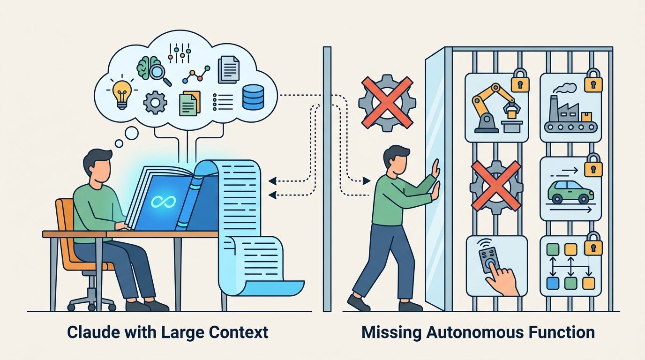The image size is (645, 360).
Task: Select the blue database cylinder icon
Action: click(x=253, y=97)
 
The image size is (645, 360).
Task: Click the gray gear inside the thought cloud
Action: click(x=155, y=102)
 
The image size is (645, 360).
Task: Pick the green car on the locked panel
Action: click(x=570, y=192)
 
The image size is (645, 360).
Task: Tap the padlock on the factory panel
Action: click(x=593, y=80)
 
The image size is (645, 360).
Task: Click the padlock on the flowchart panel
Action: click(x=593, y=244)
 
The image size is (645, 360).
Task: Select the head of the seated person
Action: click(x=97, y=165)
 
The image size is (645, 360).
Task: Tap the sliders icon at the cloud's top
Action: click(x=180, y=53)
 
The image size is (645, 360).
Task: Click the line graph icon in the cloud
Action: click(x=196, y=75)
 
